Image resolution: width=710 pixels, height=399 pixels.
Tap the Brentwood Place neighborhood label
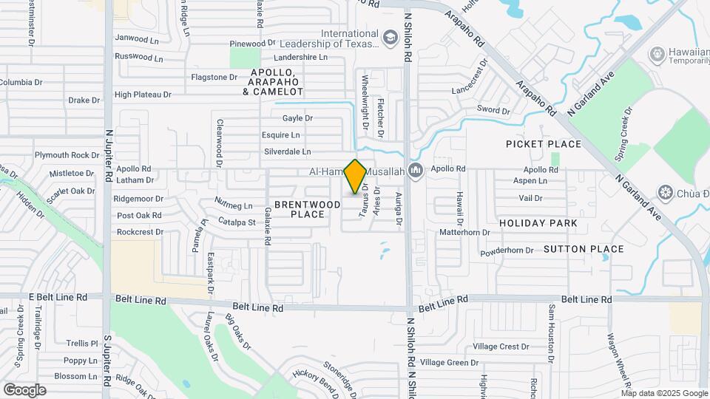pyautogui.click(x=299, y=208)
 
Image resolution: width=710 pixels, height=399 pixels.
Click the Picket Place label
pyautogui.click(x=544, y=143)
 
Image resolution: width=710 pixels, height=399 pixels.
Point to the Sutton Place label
pyautogui.click(x=584, y=249)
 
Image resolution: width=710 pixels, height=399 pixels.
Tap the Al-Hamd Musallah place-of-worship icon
pyautogui.click(x=415, y=171)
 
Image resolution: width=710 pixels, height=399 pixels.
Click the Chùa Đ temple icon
pyautogui.click(x=665, y=194)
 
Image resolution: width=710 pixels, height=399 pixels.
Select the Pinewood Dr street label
pyautogui.click(x=252, y=44)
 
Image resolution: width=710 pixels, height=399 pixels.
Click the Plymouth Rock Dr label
pyautogui.click(x=67, y=155)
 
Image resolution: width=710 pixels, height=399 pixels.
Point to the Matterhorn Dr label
pyautogui.click(x=464, y=232)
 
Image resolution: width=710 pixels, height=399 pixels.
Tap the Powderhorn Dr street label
pyautogui.click(x=507, y=250)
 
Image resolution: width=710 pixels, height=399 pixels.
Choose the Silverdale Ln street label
pyautogui.click(x=287, y=151)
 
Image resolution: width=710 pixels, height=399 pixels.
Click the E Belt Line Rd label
pyautogui.click(x=58, y=296)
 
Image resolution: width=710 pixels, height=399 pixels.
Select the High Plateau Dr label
pyautogui.click(x=143, y=95)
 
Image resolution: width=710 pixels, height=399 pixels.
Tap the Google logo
pyautogui.click(x=24, y=390)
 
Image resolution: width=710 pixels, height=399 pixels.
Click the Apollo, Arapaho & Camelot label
pyautogui.click(x=273, y=81)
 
